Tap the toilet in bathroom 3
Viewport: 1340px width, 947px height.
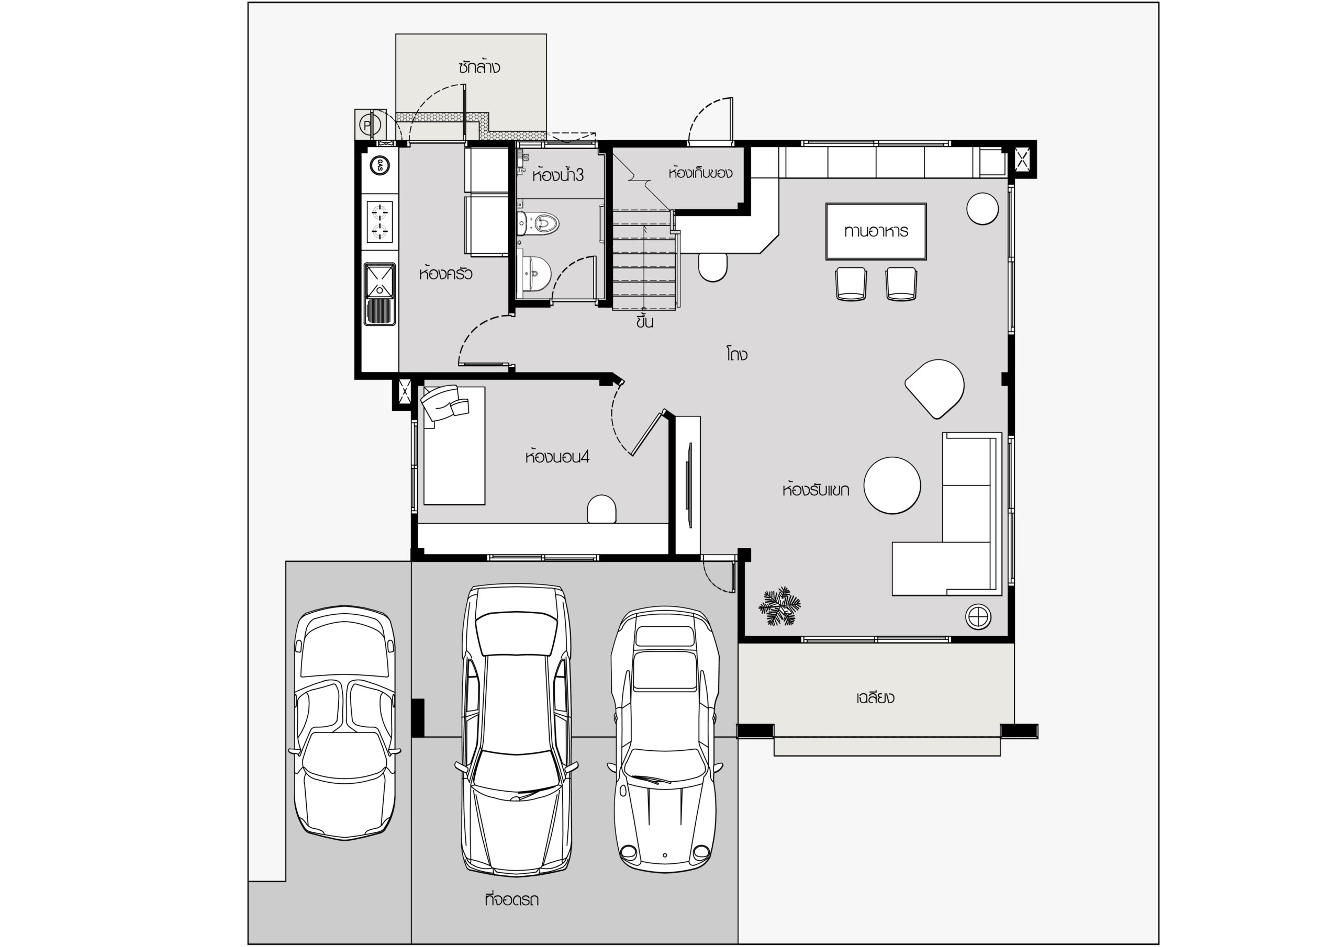coord(538,222)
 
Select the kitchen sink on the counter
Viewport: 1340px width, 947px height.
coord(380,294)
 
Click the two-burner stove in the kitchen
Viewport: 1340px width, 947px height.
coord(379,221)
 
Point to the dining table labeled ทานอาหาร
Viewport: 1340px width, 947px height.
coord(875,231)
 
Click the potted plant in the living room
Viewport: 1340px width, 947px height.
coord(780,607)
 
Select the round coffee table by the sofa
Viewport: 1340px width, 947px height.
coord(892,486)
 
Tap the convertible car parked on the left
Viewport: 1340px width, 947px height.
coord(344,723)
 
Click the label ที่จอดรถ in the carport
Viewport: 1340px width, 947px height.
coord(511,899)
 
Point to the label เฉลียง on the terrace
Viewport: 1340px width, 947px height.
coord(875,697)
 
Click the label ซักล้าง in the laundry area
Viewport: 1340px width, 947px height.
coord(479,67)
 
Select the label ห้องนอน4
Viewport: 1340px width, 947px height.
coord(557,456)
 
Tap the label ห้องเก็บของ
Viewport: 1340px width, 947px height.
coord(700,173)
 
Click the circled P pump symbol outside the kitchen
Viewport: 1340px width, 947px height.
coord(366,125)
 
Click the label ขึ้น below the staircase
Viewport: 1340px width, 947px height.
coord(644,321)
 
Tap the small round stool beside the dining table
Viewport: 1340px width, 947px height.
coord(982,208)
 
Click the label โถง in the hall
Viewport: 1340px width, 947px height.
coord(737,354)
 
